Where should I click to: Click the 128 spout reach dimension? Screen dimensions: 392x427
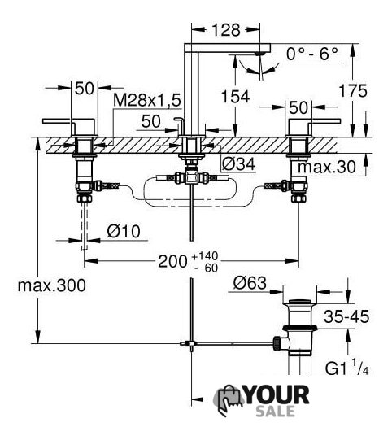(x=226, y=30)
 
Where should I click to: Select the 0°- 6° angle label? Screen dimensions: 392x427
(x=312, y=54)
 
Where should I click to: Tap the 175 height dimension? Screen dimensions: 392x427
(x=353, y=90)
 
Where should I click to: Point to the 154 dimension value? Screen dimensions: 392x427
(x=235, y=97)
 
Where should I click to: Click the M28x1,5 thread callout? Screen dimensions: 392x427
(x=147, y=100)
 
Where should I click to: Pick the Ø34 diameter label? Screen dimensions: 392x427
(x=239, y=164)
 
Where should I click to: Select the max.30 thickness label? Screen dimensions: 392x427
(x=327, y=167)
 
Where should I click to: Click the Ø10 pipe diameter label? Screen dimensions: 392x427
(x=124, y=232)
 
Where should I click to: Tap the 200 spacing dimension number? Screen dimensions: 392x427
(x=172, y=261)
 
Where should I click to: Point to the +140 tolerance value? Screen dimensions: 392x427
(x=205, y=256)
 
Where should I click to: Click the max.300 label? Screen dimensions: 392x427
(x=52, y=285)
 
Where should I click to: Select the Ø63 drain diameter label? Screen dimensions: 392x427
(x=250, y=283)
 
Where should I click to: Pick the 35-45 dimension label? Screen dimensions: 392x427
(x=346, y=316)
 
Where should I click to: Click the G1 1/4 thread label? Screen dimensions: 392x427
(x=346, y=368)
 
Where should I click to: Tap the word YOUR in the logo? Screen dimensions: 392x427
(x=277, y=395)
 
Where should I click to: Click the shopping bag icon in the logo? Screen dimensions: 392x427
(x=227, y=400)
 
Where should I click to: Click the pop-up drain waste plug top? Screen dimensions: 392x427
(x=300, y=302)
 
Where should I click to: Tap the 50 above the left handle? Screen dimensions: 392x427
(x=84, y=88)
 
